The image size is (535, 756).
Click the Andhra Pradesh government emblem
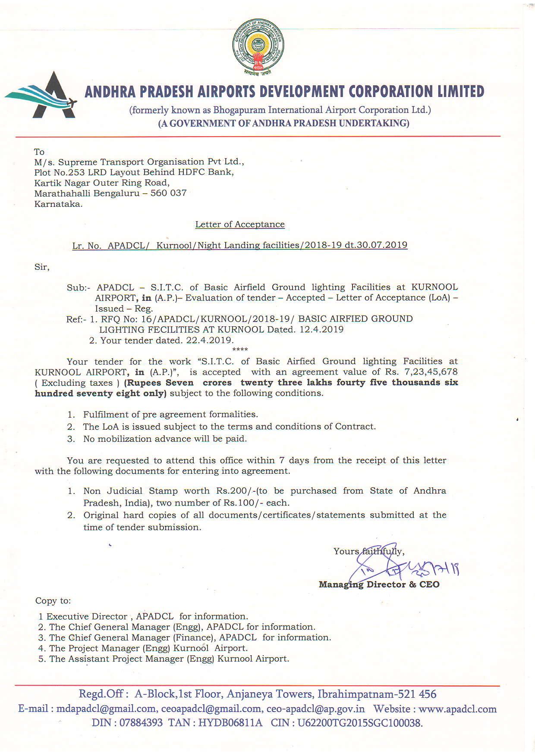[x=258, y=47]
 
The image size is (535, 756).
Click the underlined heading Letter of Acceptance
[x=240, y=224]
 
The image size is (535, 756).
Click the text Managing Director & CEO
[x=379, y=584]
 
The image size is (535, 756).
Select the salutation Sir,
[x=42, y=267]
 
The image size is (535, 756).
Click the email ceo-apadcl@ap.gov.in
[x=315, y=709]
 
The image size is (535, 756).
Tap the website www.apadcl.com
[x=457, y=709]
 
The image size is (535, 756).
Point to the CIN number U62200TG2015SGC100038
[x=360, y=723]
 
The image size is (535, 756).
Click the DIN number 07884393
[x=141, y=723]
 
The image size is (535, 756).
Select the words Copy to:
[x=53, y=600]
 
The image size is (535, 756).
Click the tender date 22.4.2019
[x=209, y=340]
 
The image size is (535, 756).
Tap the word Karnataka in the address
[x=58, y=204]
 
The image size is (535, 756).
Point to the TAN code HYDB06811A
[x=230, y=723]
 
